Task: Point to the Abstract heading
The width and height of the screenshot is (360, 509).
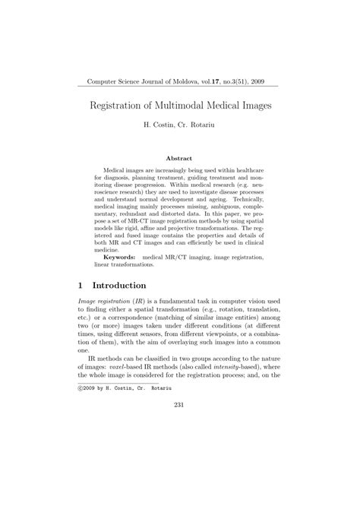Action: (179, 159)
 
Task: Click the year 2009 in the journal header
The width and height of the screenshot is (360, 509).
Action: (262, 80)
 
